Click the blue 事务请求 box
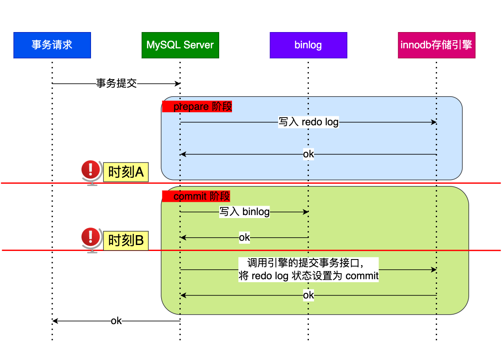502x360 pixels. pyautogui.click(x=52, y=45)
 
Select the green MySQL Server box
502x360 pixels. pyautogui.click(x=180, y=45)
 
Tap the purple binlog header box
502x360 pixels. pyautogui.click(x=308, y=45)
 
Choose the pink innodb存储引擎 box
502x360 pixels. pyautogui.click(x=436, y=45)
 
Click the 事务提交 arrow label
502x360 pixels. pyautogui.click(x=116, y=83)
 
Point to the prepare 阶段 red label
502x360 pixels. pyautogui.click(x=197, y=106)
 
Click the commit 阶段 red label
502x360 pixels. pyautogui.click(x=196, y=196)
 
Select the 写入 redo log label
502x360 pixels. pyautogui.click(x=308, y=122)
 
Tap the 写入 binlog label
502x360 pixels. pyautogui.click(x=244, y=212)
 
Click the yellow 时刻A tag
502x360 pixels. pyautogui.click(x=126, y=172)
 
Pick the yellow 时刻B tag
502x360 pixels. pyautogui.click(x=126, y=241)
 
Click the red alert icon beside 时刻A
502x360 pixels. pyautogui.click(x=90, y=171)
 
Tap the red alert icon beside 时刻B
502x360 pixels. pyautogui.click(x=90, y=238)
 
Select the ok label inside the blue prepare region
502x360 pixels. pyautogui.click(x=308, y=154)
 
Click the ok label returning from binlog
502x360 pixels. pyautogui.click(x=244, y=237)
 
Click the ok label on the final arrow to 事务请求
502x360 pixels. pyautogui.click(x=116, y=321)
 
